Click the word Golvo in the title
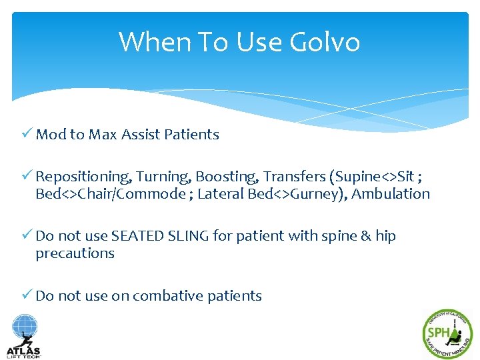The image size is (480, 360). [x=325, y=43]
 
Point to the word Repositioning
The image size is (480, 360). [x=84, y=177]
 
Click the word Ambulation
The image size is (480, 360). [x=391, y=194]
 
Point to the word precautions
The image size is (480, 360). [x=75, y=253]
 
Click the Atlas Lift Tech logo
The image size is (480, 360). [x=24, y=336]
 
